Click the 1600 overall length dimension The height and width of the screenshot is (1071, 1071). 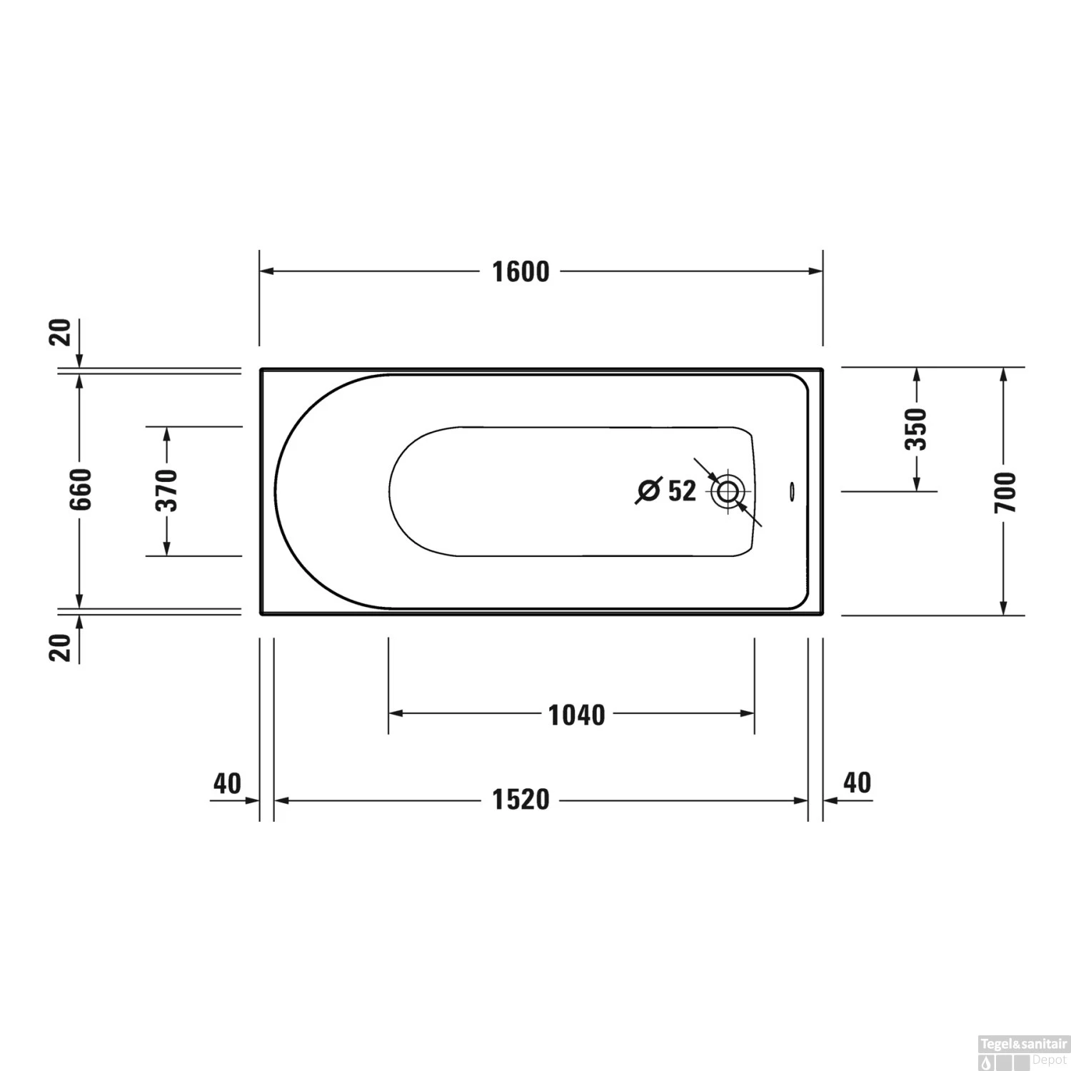click(x=521, y=272)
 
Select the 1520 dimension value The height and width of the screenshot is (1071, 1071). click(x=521, y=800)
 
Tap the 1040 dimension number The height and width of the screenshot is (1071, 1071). click(x=576, y=715)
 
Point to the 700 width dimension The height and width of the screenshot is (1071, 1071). click(x=1005, y=492)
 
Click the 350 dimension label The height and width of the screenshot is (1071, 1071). click(x=916, y=429)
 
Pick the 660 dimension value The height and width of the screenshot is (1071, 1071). click(x=81, y=489)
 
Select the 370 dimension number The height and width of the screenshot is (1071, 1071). click(x=167, y=491)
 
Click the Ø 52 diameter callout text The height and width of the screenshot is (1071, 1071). click(x=665, y=491)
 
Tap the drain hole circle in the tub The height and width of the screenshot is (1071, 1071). click(x=728, y=491)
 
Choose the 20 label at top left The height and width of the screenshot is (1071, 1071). click(x=62, y=333)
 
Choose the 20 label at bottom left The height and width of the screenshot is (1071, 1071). click(x=62, y=647)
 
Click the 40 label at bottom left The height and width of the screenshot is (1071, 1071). click(x=227, y=783)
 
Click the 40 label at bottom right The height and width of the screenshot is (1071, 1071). click(x=857, y=783)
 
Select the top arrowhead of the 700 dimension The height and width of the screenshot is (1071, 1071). click(x=1004, y=374)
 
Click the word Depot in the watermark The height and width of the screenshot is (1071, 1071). click(x=1050, y=1060)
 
